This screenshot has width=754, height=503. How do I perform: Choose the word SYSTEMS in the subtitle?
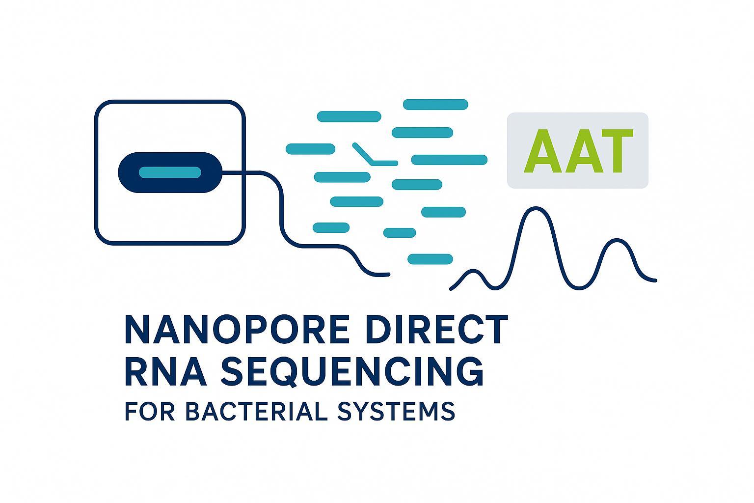tap(397, 411)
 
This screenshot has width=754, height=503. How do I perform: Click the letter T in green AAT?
tap(612, 151)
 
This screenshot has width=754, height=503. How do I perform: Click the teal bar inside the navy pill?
tap(170, 172)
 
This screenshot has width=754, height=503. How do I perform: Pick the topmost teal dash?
tap(435, 104)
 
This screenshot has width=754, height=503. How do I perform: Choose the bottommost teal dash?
tap(430, 259)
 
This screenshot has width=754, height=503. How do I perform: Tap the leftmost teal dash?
tap(310, 148)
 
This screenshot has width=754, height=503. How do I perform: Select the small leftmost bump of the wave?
tap(472, 272)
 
